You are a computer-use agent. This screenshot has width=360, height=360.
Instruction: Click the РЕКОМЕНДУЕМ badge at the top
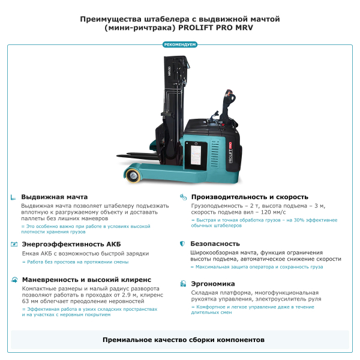[179, 44]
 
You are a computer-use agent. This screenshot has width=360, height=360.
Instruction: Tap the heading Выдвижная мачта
[54, 197]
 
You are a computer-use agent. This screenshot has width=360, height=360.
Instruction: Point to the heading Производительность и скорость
[250, 197]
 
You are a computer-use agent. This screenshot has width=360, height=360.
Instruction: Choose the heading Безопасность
[215, 244]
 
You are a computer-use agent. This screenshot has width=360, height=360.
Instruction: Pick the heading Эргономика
[212, 284]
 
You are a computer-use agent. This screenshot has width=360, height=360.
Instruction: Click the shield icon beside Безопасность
[182, 244]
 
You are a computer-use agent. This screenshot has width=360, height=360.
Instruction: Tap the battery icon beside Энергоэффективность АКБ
[13, 244]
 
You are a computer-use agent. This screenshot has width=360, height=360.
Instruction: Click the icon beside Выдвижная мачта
[13, 197]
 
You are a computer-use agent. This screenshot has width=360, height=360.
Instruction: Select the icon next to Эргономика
[182, 284]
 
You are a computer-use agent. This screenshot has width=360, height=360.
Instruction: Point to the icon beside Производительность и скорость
[182, 197]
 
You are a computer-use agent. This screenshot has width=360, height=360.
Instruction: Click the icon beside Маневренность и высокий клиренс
[13, 280]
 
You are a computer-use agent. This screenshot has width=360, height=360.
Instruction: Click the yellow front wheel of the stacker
[133, 175]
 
